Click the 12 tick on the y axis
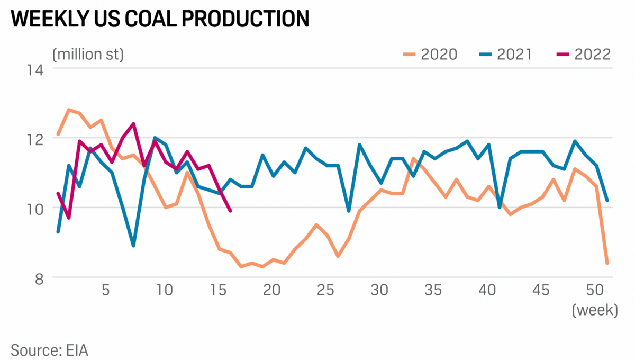[33, 139]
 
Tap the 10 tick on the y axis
[33, 209]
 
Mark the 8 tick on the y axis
[37, 278]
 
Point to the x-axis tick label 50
[596, 291]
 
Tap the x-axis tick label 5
[105, 291]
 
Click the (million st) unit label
[88, 54]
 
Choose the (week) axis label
[595, 310]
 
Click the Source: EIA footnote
[49, 350]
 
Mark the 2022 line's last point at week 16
[230, 211]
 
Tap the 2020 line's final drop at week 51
[607, 263]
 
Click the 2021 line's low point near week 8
[133, 246]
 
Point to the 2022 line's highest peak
[133, 124]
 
